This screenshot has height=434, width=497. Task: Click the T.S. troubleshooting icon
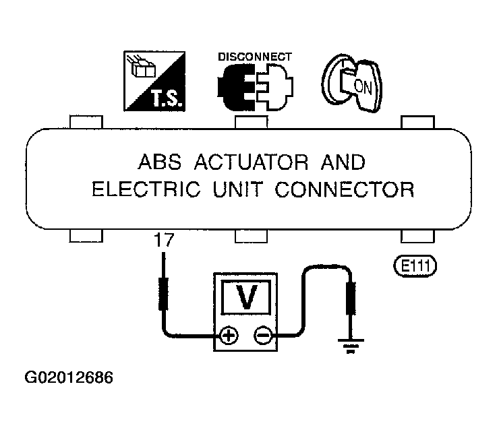point(154,81)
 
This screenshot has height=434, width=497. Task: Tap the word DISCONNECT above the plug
point(255,57)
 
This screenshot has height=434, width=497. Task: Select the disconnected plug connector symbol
point(255,87)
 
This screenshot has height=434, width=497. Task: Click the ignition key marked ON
point(352,83)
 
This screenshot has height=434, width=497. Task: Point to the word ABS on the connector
point(160,162)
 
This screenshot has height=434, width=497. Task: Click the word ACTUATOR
point(251,162)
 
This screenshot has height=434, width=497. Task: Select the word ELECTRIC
point(146,189)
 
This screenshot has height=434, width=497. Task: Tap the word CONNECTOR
point(345,189)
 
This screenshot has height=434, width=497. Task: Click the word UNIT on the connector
point(238,189)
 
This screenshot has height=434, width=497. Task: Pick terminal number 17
point(164,240)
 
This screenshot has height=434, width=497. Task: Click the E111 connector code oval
point(415,266)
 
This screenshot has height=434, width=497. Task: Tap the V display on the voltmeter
point(246,297)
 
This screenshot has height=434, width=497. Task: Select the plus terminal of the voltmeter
point(229,335)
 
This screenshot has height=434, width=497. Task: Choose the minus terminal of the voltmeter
point(262,335)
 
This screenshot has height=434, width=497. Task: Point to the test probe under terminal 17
point(163,281)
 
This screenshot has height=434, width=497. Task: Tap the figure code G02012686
point(69,377)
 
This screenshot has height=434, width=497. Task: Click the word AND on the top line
point(343,162)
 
